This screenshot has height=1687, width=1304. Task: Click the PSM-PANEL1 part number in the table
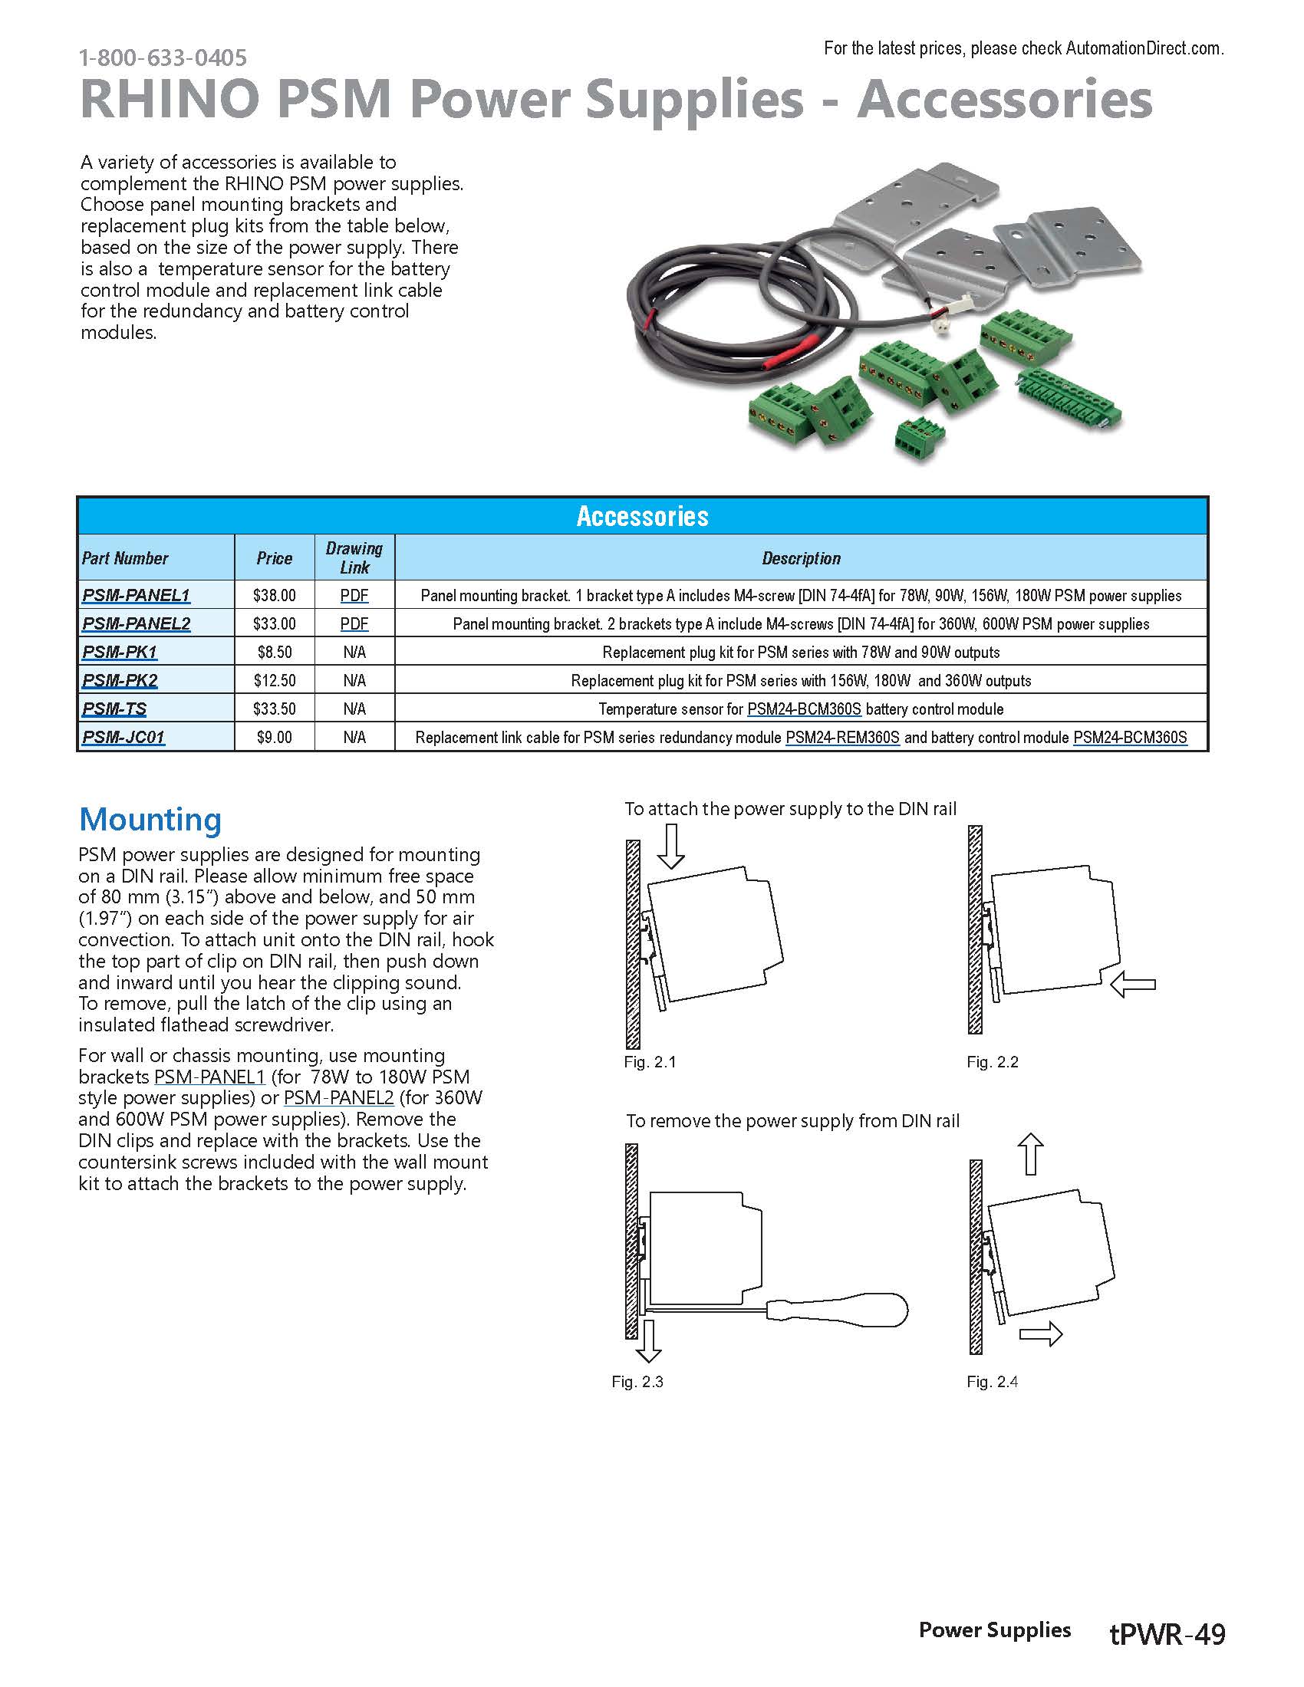136,596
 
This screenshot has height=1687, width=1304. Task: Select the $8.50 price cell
275,653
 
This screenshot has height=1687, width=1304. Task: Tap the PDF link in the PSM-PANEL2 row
354,624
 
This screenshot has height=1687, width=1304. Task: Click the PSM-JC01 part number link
123,738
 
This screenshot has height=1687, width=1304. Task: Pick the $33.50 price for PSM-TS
275,709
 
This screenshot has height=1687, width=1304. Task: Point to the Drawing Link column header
354,557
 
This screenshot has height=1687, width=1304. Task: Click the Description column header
800,558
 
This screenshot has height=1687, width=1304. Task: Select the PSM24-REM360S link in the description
842,738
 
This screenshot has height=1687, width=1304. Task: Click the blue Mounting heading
150,820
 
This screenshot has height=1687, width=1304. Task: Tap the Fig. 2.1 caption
650,1062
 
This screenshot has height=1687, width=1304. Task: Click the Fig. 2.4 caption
992,1382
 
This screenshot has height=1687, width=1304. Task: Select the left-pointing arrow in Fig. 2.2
1132,984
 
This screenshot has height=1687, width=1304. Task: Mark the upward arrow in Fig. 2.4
1030,1154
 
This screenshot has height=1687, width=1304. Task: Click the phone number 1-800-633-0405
163,58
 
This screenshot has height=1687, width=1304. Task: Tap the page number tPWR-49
1167,1635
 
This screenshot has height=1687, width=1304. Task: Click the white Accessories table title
642,516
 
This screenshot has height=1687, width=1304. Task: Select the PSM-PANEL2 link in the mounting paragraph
338,1097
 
